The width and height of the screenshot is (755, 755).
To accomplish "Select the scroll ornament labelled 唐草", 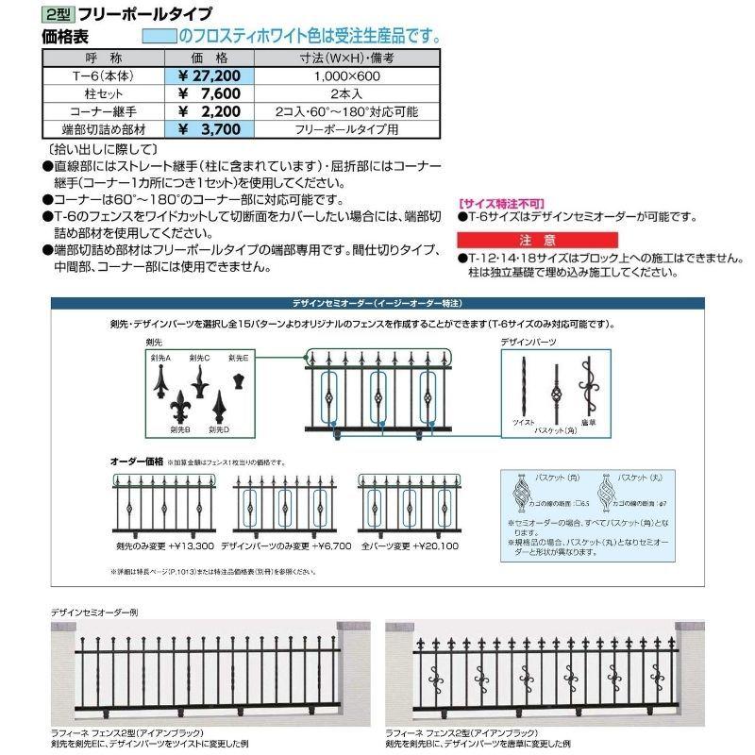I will [588, 387].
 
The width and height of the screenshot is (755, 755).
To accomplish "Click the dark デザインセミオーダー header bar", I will [377, 302].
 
